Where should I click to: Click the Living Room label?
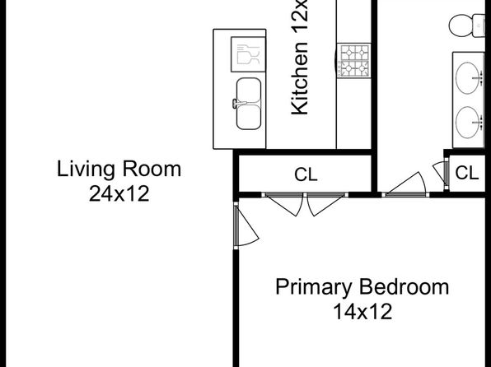(119, 170)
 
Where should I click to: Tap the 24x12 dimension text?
(119, 193)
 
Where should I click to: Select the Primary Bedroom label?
(362, 287)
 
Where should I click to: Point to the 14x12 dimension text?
(362, 311)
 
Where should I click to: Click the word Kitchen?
(300, 78)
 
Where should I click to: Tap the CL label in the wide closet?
(306, 174)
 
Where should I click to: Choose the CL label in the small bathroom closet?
(467, 173)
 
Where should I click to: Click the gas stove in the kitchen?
(354, 61)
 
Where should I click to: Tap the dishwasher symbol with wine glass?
(248, 54)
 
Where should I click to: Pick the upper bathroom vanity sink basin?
(467, 78)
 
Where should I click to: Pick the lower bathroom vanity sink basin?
(467, 123)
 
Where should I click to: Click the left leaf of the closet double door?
(283, 204)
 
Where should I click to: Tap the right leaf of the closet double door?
(326, 204)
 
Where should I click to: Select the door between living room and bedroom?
(246, 226)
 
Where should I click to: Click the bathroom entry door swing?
(404, 184)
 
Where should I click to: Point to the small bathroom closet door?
(441, 174)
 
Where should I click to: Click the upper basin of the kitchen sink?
(249, 91)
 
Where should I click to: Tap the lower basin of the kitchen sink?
(249, 117)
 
